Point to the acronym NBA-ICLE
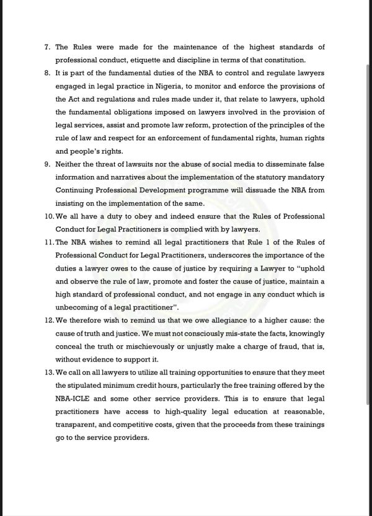coord(75,398)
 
